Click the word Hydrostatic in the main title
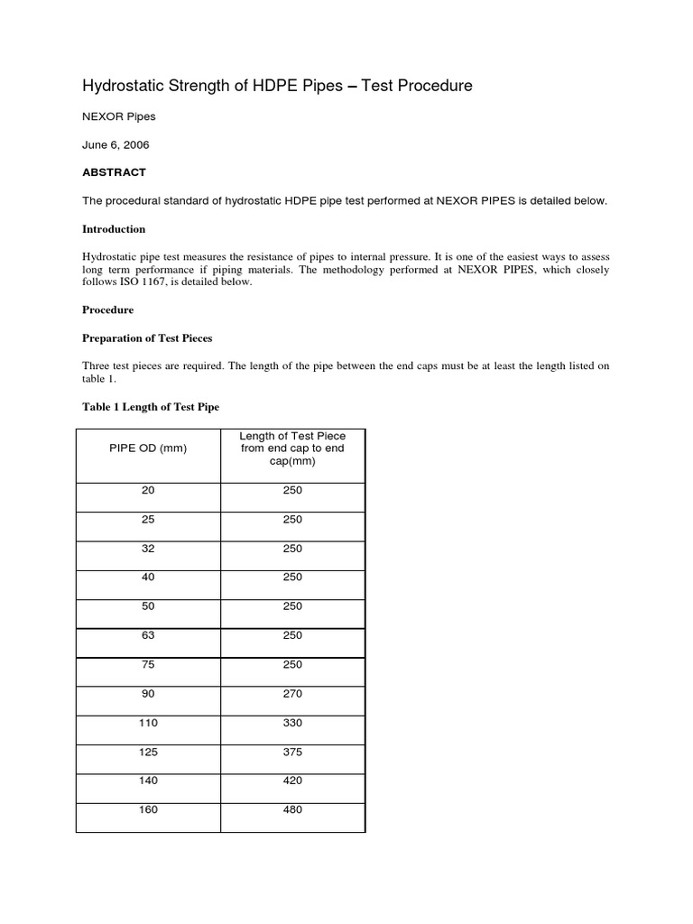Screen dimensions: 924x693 click(x=125, y=86)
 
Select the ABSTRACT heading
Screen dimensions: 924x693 click(x=114, y=171)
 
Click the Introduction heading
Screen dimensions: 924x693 click(x=114, y=229)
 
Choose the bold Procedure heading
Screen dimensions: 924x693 click(x=108, y=310)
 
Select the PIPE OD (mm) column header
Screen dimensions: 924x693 click(x=149, y=448)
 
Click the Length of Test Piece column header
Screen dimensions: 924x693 click(x=292, y=448)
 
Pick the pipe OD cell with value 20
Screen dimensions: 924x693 click(x=149, y=491)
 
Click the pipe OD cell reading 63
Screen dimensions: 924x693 click(x=149, y=635)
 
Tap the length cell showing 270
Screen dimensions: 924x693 click(x=292, y=694)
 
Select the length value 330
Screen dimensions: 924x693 click(x=292, y=723)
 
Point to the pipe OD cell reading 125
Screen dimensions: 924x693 click(x=149, y=752)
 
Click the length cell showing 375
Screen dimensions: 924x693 click(x=292, y=752)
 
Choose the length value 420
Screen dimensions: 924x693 click(x=292, y=781)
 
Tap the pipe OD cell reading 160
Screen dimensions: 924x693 click(x=149, y=809)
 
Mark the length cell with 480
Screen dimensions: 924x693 click(x=292, y=809)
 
